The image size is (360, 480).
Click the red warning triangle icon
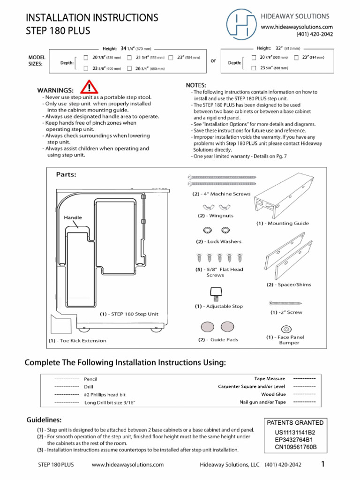tap(89, 87)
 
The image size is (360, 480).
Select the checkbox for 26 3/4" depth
tap(129, 68)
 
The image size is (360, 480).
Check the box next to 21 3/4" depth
tap(129, 58)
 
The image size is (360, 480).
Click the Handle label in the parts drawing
tap(73, 217)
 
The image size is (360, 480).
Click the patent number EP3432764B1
tap(295, 440)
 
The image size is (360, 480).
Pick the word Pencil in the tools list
tap(90, 379)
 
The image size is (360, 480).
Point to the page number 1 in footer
tap(323, 465)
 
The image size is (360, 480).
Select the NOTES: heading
tap(196, 85)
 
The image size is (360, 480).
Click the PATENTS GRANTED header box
tap(295, 422)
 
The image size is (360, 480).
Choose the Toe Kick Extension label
tap(78, 341)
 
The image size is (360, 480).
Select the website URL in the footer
tap(127, 465)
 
